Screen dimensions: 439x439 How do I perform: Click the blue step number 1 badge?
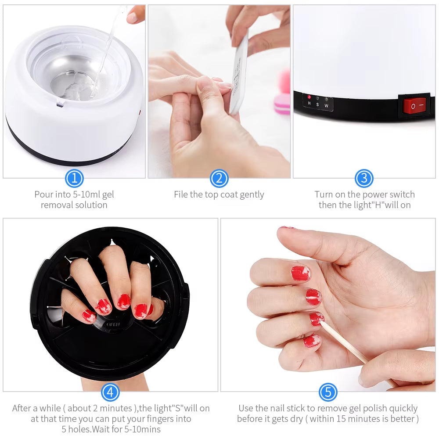click(x=74, y=178)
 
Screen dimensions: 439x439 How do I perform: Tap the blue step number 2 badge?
click(x=219, y=178)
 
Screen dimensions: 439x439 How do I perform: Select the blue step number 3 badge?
click(x=364, y=178)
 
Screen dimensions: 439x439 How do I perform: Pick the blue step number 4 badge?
click(x=110, y=392)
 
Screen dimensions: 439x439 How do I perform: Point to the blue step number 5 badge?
click(x=328, y=392)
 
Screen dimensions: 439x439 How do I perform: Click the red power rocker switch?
click(x=414, y=106)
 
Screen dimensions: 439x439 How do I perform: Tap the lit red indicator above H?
click(x=309, y=97)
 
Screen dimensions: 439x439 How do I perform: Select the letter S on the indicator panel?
click(x=317, y=104)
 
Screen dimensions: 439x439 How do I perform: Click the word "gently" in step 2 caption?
click(x=252, y=194)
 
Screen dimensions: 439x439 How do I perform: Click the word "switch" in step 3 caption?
click(x=402, y=194)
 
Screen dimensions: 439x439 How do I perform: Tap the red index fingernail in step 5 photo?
click(x=300, y=273)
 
